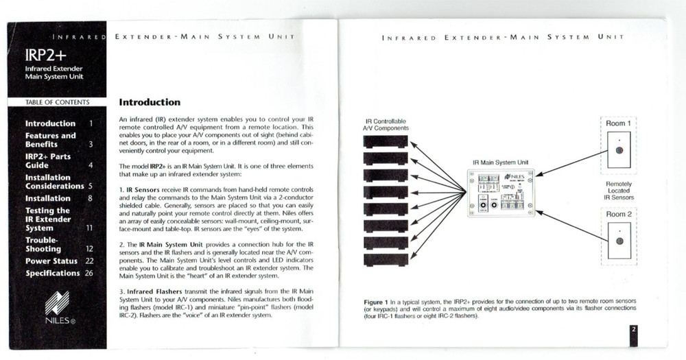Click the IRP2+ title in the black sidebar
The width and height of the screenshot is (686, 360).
[x=42, y=55]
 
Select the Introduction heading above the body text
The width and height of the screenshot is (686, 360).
[x=150, y=102]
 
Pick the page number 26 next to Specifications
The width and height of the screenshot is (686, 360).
[x=89, y=273]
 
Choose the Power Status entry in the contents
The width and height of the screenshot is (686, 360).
[x=51, y=261]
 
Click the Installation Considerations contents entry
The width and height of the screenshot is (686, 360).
[x=54, y=182]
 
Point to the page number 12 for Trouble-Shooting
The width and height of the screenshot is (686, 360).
[x=89, y=249]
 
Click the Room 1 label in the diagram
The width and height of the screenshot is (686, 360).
[x=619, y=123]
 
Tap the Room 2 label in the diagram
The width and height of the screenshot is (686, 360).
[x=619, y=215]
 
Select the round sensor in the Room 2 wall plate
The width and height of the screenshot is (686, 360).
[x=619, y=241]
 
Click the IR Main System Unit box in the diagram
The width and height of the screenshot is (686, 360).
[x=499, y=193]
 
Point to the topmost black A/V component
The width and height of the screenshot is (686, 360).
[x=386, y=142]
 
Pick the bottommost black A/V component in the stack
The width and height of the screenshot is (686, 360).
[x=386, y=260]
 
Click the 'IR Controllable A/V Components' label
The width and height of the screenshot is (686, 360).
[x=386, y=123]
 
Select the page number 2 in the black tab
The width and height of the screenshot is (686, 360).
[x=634, y=331]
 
